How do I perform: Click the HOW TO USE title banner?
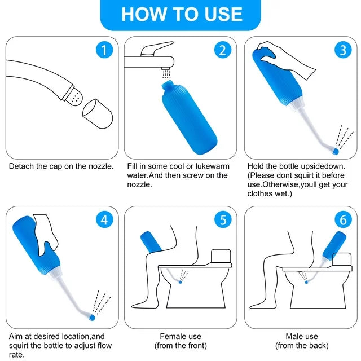pyautogui.click(x=180, y=14)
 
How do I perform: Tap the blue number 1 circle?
pyautogui.click(x=104, y=50)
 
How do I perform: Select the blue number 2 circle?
pyautogui.click(x=223, y=50)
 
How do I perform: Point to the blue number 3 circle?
pyautogui.click(x=343, y=50)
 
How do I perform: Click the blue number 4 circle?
pyautogui.click(x=104, y=219)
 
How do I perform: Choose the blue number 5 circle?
pyautogui.click(x=223, y=219)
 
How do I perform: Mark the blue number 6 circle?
pyautogui.click(x=343, y=219)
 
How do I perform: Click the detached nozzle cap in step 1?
pyautogui.click(x=98, y=114)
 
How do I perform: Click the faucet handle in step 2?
pyautogui.click(x=157, y=49)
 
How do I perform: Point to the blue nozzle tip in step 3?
pyautogui.click(x=336, y=151)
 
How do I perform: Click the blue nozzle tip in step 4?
pyautogui.click(x=92, y=318)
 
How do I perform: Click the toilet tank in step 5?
pyautogui.click(x=221, y=256)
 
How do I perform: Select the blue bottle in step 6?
pyautogui.click(x=334, y=246)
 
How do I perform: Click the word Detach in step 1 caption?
pyautogui.click(x=21, y=166)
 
